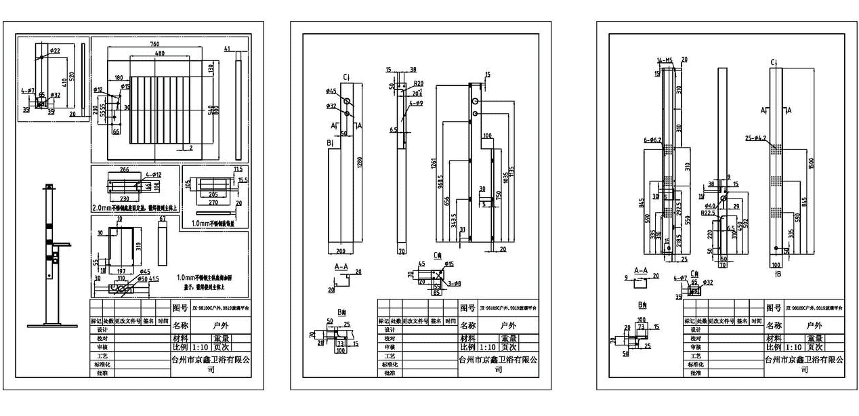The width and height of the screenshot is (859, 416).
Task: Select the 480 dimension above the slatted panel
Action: pos(159,53)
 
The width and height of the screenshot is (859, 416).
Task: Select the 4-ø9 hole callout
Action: pos(416,103)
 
